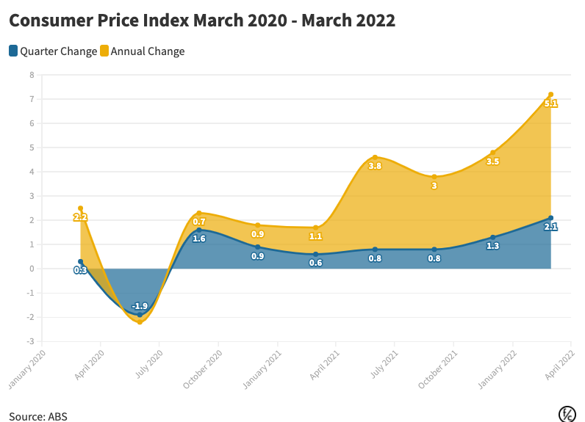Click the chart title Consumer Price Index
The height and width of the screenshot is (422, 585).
pyautogui.click(x=202, y=21)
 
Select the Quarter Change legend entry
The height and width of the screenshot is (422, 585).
pyautogui.click(x=53, y=51)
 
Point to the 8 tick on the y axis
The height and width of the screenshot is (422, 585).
pyautogui.click(x=31, y=75)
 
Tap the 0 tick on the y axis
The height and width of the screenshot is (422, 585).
pyautogui.click(x=31, y=269)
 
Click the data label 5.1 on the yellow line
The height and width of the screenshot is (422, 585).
pyautogui.click(x=550, y=104)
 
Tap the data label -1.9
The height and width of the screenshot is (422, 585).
pyautogui.click(x=140, y=306)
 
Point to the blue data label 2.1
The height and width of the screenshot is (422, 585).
pyautogui.click(x=550, y=227)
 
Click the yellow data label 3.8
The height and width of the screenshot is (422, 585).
pyautogui.click(x=375, y=166)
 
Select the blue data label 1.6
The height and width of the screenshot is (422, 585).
pyautogui.click(x=198, y=239)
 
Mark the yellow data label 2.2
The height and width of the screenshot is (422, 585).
pyautogui.click(x=81, y=217)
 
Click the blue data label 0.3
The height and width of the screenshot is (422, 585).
pyautogui.click(x=81, y=270)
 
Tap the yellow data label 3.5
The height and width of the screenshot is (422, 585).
pyautogui.click(x=492, y=161)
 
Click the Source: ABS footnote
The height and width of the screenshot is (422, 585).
pyautogui.click(x=38, y=415)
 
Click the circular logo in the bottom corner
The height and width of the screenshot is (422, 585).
pyautogui.click(x=567, y=413)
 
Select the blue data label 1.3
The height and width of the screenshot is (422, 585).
pyautogui.click(x=492, y=246)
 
